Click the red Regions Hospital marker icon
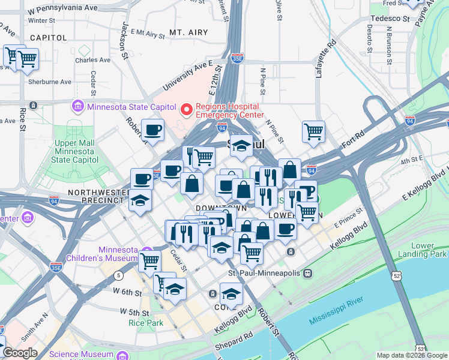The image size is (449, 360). pyautogui.click(x=186, y=109)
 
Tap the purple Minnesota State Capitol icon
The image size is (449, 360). pyautogui.click(x=77, y=107)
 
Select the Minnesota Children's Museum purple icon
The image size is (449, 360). pyautogui.click(x=146, y=251)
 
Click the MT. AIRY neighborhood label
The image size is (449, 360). pyautogui.click(x=188, y=32)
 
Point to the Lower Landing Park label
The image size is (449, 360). pyautogui.click(x=429, y=250)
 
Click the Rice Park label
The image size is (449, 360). pyautogui.click(x=142, y=322)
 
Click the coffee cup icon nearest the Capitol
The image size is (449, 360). pyautogui.click(x=152, y=129)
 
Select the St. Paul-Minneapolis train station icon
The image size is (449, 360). pyautogui.click(x=307, y=273)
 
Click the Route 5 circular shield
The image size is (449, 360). pyautogui.click(x=119, y=275)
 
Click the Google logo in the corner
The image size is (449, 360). pyautogui.click(x=20, y=353)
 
